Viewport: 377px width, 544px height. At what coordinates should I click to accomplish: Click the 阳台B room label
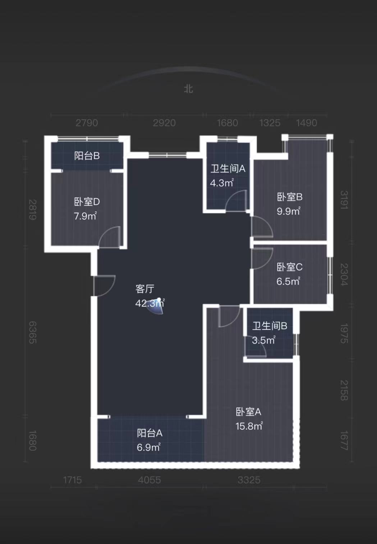point(87,156)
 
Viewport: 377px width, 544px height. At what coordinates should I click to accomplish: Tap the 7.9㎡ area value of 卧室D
point(85,216)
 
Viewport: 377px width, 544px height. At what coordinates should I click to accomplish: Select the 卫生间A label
point(228,168)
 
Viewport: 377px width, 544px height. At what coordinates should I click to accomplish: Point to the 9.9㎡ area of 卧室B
point(288,211)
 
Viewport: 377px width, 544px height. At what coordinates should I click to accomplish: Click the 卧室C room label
point(289,267)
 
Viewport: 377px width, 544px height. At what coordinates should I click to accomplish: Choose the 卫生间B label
point(270,326)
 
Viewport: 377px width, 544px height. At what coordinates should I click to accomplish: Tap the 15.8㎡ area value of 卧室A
point(249,426)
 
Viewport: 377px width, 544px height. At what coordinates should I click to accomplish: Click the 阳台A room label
point(150,433)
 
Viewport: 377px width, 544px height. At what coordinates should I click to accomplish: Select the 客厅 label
point(145,289)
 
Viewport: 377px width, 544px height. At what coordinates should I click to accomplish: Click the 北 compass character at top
point(188,89)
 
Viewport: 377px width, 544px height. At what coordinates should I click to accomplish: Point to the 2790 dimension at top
point(87,123)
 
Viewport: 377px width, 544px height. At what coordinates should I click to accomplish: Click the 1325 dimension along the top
point(270,123)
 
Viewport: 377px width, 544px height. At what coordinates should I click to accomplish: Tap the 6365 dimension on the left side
point(33,332)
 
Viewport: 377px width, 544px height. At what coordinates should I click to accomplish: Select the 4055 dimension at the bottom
point(150,480)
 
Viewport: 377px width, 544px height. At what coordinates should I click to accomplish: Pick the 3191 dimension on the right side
point(344,200)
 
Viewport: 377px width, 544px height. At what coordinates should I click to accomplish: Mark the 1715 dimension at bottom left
point(73,480)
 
